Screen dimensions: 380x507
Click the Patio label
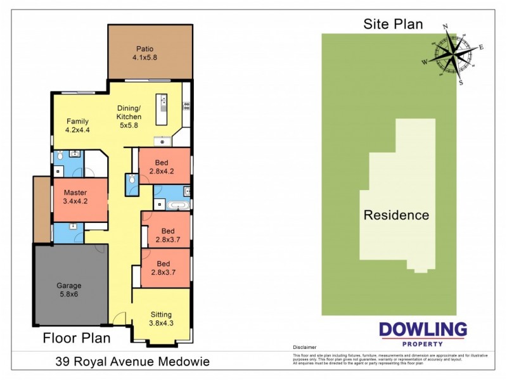click(x=143, y=49)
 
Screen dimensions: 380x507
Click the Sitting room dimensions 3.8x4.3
click(x=160, y=323)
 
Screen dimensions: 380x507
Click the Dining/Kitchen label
click(x=129, y=113)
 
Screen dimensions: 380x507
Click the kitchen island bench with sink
click(x=162, y=108)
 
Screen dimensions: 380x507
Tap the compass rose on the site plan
click(x=451, y=54)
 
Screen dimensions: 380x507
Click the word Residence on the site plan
click(x=395, y=215)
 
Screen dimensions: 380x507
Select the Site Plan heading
click(x=393, y=24)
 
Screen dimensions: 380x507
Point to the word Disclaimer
click(x=304, y=348)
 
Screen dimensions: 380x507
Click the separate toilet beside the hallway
click(x=131, y=181)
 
